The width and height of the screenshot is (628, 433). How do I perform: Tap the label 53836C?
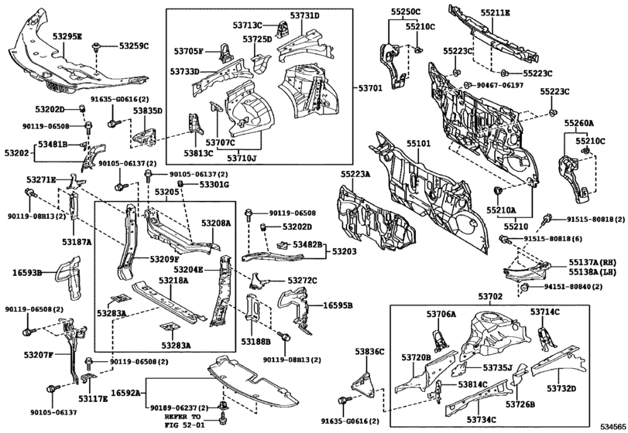pyautogui.click(x=369, y=353)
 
